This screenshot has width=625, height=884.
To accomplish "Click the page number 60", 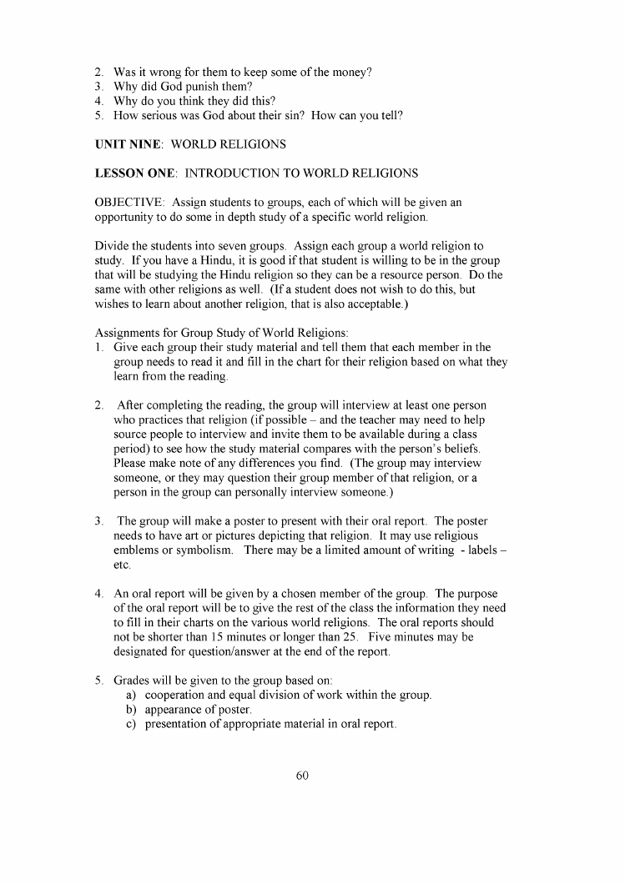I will (302, 776).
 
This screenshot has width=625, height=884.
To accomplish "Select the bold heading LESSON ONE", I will (137, 173).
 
